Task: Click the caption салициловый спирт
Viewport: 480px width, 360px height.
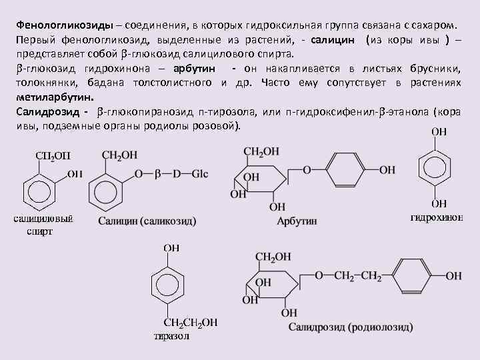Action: tap(43, 225)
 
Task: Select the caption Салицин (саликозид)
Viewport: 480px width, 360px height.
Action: tap(147, 221)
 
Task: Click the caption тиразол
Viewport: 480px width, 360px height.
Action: tap(171, 336)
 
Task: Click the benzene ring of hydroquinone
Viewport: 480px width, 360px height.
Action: tap(439, 167)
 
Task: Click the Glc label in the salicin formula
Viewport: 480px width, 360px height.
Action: tap(200, 174)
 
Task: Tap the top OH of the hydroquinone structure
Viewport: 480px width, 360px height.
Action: tap(440, 132)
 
